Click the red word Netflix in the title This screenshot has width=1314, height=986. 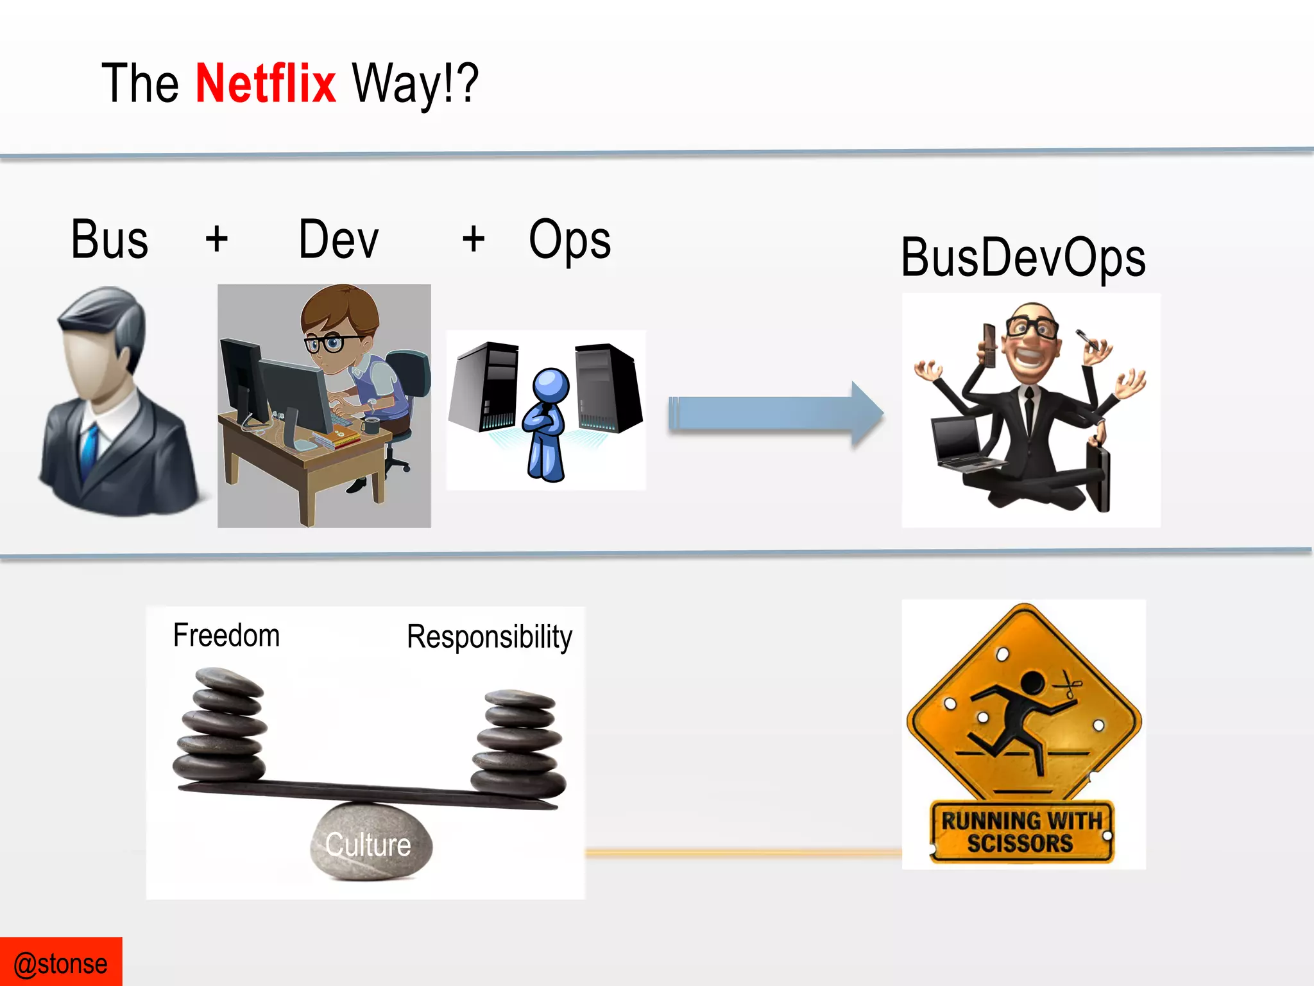pyautogui.click(x=265, y=83)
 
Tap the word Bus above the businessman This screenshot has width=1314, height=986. pyautogui.click(x=110, y=239)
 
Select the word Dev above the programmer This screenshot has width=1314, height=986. pyautogui.click(x=339, y=239)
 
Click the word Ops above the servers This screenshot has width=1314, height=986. pyautogui.click(x=569, y=239)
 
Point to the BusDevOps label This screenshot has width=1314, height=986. pyautogui.click(x=1023, y=258)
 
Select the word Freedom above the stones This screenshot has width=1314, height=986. pyautogui.click(x=226, y=636)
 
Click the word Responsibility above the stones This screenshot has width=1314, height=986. pyautogui.click(x=489, y=637)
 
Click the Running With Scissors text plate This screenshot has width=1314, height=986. pyautogui.click(x=1021, y=832)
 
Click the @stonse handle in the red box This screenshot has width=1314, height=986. pyautogui.click(x=61, y=964)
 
